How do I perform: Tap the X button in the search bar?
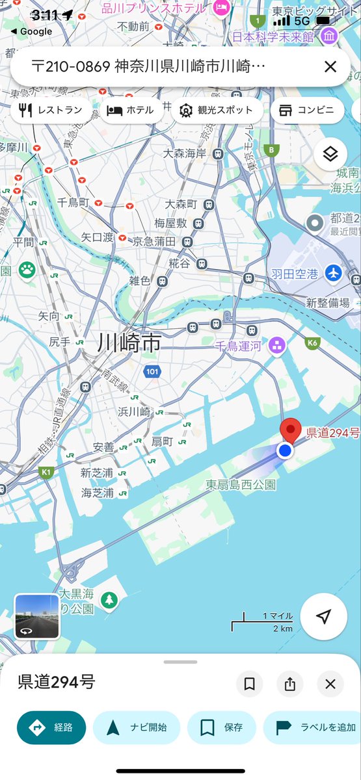point(330,66)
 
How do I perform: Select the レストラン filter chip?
point(51,110)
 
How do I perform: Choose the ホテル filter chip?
point(131,110)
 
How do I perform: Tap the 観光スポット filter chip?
point(217,110)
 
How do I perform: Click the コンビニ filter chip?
point(307,110)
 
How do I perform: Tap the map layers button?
point(330,154)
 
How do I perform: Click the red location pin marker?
point(290,431)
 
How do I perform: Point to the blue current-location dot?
point(284,450)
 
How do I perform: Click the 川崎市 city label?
point(129,343)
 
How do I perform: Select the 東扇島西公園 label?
point(241,484)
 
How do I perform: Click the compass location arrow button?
point(323,617)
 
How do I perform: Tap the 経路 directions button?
point(51,727)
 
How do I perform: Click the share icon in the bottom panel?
point(289,684)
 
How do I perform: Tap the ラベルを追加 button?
point(312,727)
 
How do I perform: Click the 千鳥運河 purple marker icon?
point(277,344)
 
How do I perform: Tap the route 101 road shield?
point(152,372)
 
